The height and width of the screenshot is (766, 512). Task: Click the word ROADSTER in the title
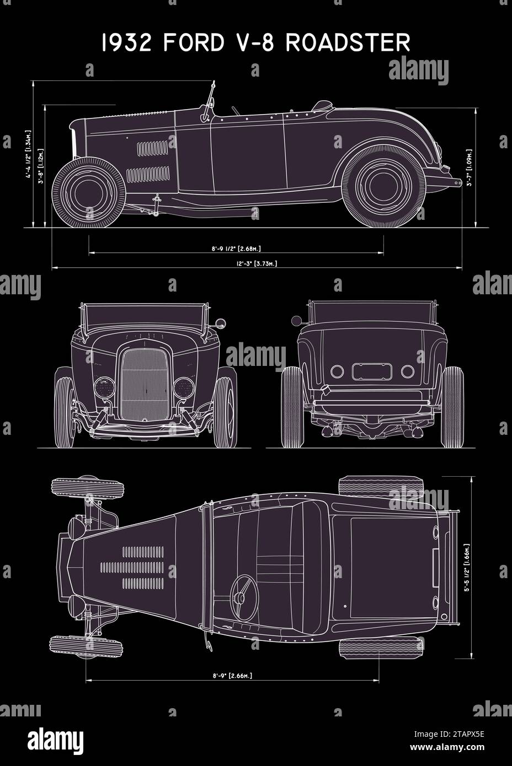tap(348, 43)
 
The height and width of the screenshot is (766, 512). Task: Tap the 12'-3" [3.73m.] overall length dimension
tap(257, 264)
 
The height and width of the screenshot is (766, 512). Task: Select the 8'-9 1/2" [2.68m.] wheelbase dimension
tap(237, 249)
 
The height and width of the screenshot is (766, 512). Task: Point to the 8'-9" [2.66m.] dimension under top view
tap(232, 676)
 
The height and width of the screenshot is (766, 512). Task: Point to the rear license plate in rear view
tap(372, 371)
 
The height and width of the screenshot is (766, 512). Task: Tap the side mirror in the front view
tap(221, 322)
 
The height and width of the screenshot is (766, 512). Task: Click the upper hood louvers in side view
tap(152, 148)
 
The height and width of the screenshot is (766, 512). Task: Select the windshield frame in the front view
tap(147, 316)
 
